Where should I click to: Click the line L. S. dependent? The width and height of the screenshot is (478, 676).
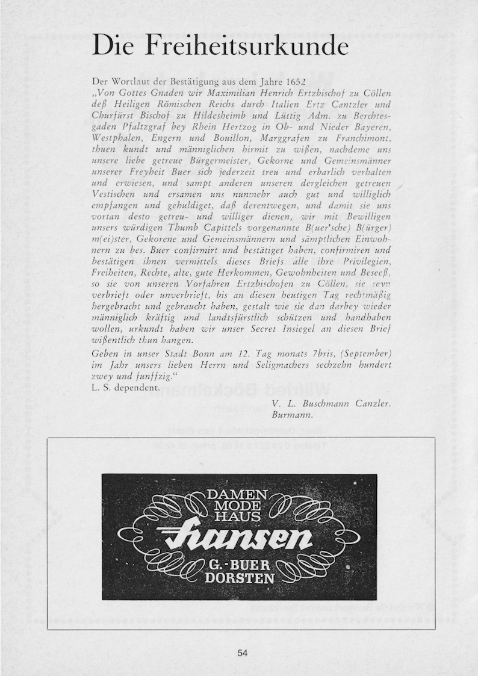click(x=126, y=388)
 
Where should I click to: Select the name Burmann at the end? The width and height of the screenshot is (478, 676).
click(x=293, y=415)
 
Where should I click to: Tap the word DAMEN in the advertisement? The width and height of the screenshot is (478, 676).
click(x=233, y=495)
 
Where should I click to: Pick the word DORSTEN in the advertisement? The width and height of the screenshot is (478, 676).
click(x=240, y=579)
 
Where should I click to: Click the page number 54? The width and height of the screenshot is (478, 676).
click(x=243, y=653)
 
